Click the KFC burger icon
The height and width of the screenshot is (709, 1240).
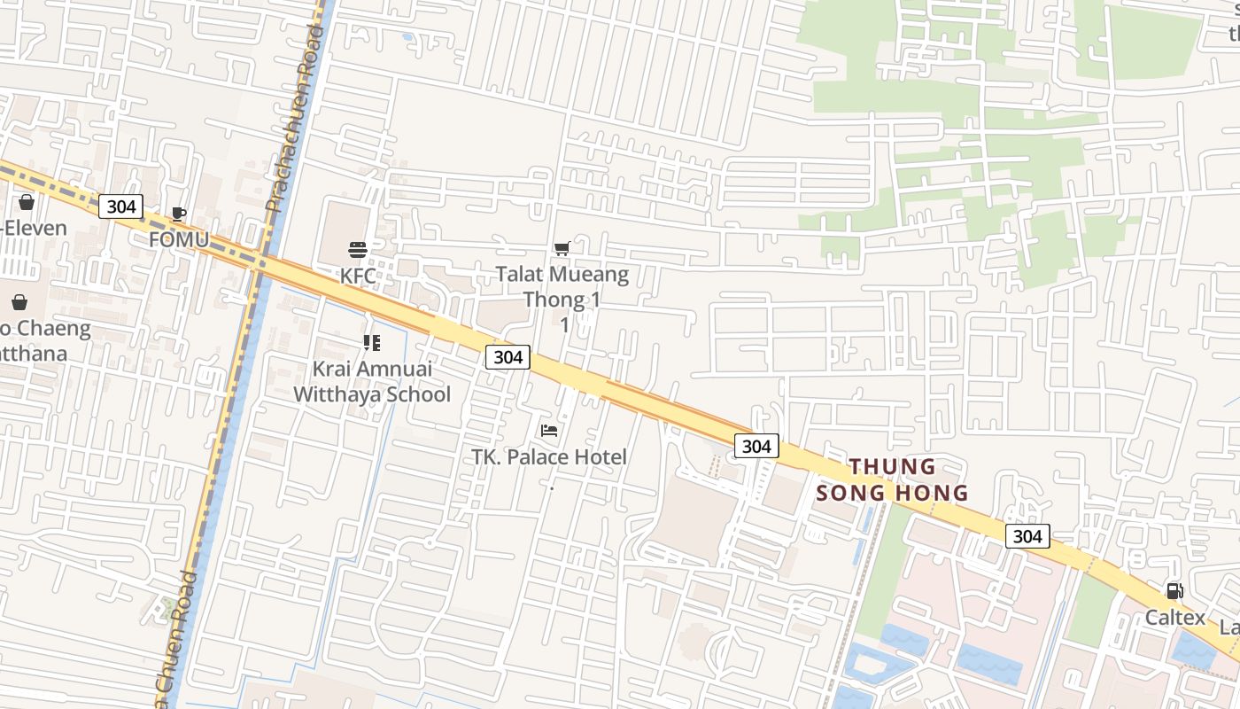358,249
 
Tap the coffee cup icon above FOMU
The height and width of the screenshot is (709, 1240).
178,214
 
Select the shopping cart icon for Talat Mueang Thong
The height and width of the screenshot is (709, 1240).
562,248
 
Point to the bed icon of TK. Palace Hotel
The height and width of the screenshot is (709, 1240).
549,431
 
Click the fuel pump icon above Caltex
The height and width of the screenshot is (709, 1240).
1174,591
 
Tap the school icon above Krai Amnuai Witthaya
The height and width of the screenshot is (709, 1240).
372,342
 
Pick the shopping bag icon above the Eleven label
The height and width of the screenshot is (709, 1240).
27,202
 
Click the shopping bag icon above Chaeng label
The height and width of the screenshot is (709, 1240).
19,302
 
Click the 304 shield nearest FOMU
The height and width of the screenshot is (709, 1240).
120,206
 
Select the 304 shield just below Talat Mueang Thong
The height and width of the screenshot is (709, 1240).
508,357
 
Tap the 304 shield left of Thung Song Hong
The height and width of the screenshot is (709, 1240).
756,447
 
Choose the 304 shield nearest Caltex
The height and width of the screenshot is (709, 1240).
1027,536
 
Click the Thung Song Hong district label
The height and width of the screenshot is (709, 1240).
892,479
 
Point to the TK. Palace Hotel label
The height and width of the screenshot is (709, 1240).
549,457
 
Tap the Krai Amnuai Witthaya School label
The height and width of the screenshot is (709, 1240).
372,381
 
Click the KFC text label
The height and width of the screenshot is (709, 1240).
358,276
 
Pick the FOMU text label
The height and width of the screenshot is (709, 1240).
179,239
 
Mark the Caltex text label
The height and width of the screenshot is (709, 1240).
1175,618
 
